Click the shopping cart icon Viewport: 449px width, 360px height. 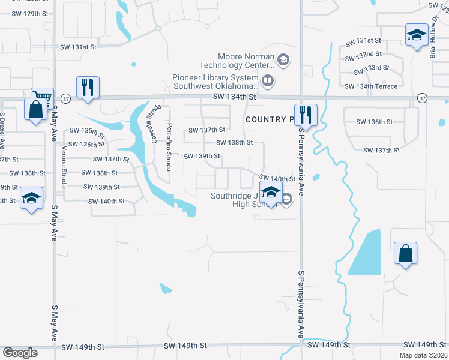pyautogui.click(x=42, y=97)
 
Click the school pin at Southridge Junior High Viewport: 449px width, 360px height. pyautogui.click(x=271, y=193)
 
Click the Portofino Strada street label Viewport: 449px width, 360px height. pyautogui.click(x=170, y=143)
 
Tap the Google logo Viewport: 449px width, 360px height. pyautogui.click(x=20, y=353)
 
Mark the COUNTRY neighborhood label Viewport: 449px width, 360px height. pyautogui.click(x=266, y=119)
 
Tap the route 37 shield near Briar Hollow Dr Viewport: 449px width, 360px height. pyautogui.click(x=423, y=98)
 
